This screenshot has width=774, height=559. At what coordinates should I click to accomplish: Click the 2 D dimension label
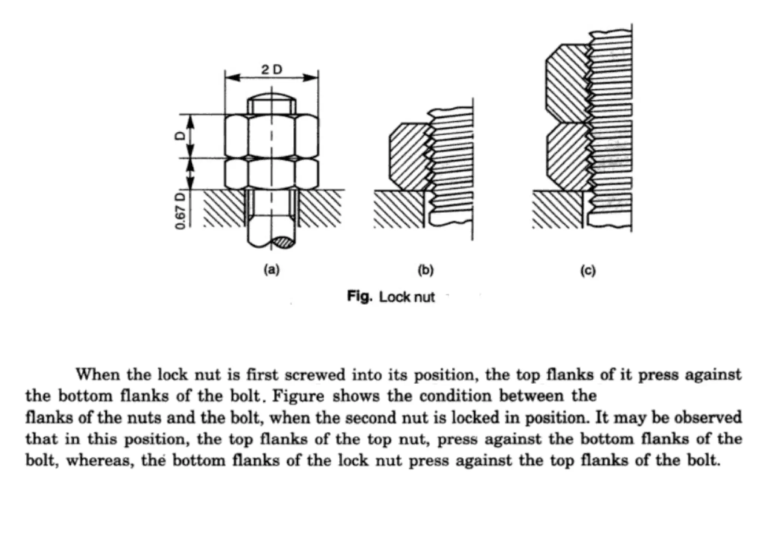pyautogui.click(x=272, y=70)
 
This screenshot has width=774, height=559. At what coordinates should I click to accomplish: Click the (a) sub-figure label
pyautogui.click(x=272, y=270)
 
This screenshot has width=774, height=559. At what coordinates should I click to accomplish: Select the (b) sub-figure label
pyautogui.click(x=426, y=270)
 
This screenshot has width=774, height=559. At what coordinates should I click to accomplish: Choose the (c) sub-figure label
pyautogui.click(x=588, y=271)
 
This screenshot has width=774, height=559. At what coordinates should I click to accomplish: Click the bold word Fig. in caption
pyautogui.click(x=359, y=297)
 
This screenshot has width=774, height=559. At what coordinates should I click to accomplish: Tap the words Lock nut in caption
pyautogui.click(x=407, y=297)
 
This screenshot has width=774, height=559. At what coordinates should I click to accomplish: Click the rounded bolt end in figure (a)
pyautogui.click(x=272, y=96)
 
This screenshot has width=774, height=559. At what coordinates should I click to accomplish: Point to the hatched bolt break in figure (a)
pyautogui.click(x=285, y=242)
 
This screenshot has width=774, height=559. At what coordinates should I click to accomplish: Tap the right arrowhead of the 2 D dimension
pyautogui.click(x=311, y=78)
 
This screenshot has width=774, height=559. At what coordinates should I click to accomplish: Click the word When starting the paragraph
pyautogui.click(x=98, y=375)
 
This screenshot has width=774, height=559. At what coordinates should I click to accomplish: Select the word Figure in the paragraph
pyautogui.click(x=298, y=396)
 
